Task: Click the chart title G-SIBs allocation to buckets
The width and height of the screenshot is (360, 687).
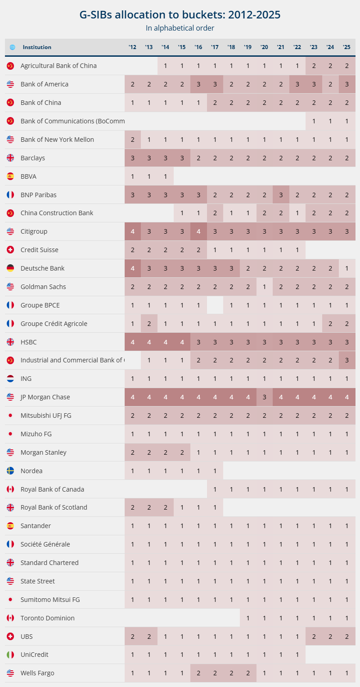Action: click(x=180, y=14)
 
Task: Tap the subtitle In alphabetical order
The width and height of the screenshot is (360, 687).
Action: click(x=180, y=28)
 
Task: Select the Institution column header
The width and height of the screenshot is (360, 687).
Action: click(x=37, y=47)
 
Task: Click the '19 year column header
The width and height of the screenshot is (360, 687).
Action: click(x=248, y=47)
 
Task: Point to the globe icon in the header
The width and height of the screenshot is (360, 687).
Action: click(x=12, y=47)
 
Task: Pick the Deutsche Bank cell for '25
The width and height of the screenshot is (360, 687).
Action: click(x=346, y=268)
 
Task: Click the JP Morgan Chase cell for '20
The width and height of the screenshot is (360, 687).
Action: click(x=265, y=397)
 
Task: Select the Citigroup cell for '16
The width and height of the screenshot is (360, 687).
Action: click(x=198, y=231)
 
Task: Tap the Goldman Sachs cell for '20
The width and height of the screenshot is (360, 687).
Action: click(x=265, y=287)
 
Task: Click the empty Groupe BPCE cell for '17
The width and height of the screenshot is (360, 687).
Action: click(x=215, y=305)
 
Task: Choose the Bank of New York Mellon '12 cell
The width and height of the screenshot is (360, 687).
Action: click(x=133, y=140)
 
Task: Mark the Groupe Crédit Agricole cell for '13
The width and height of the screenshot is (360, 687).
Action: click(x=149, y=324)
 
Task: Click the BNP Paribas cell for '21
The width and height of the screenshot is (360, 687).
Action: click(x=281, y=195)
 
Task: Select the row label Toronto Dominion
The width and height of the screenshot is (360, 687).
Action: click(x=48, y=618)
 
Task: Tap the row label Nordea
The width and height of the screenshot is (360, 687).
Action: click(x=31, y=471)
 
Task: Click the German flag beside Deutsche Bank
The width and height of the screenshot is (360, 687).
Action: click(x=10, y=268)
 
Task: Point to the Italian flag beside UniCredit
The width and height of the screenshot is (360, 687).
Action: click(x=10, y=655)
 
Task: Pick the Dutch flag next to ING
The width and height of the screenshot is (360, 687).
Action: click(x=10, y=379)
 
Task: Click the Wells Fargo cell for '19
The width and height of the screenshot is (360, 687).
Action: click(x=248, y=673)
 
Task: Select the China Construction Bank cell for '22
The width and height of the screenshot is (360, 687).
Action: click(x=297, y=213)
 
